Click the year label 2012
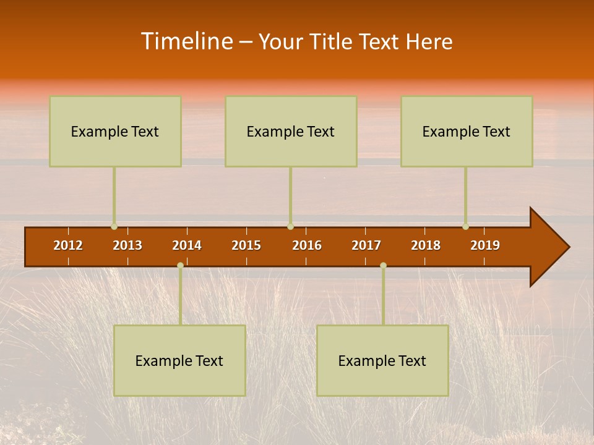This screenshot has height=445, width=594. tap(68, 245)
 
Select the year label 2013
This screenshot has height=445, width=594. tap(127, 245)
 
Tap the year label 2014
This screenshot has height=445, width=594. tap(187, 245)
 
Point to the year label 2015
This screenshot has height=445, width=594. tap(246, 245)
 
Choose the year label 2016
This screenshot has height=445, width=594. tap(307, 245)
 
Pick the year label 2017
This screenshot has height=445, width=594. tap(366, 245)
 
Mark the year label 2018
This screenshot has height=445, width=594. tap(426, 245)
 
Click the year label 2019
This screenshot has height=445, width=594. tap(485, 245)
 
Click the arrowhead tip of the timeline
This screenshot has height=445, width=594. tap(568, 247)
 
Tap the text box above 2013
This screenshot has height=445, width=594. tap(115, 131)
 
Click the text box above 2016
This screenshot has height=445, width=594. tap(291, 131)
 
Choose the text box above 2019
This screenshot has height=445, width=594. tap(467, 131)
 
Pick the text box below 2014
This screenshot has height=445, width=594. tap(179, 360)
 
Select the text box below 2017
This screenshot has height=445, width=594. tap(382, 360)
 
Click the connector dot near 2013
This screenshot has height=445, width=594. tap(114, 227)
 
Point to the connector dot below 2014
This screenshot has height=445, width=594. tap(180, 265)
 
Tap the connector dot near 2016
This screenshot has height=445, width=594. tap(290, 227)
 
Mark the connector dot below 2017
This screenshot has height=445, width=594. tap(383, 265)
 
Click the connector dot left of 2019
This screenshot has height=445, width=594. tap(465, 227)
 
